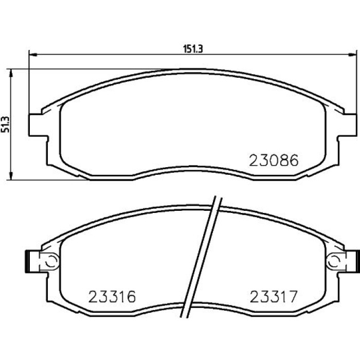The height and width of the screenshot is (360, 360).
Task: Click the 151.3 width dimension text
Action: pyautogui.click(x=193, y=49)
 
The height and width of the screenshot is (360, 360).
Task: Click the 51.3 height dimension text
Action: pyautogui.click(x=6, y=124)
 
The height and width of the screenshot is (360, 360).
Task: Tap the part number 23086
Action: pyautogui.click(x=274, y=160)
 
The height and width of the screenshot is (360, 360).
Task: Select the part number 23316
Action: pyautogui.click(x=112, y=296)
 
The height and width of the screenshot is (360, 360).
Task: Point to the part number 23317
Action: pyautogui.click(x=274, y=296)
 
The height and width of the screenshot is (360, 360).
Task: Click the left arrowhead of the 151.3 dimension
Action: pyautogui.click(x=33, y=55)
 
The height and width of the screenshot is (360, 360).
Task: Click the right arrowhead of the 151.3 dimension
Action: pyautogui.click(x=352, y=55)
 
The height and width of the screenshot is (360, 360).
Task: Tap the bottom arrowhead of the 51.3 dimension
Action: pyautogui.click(x=11, y=176)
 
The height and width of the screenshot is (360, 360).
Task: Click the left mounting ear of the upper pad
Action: pyautogui.click(x=38, y=125)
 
